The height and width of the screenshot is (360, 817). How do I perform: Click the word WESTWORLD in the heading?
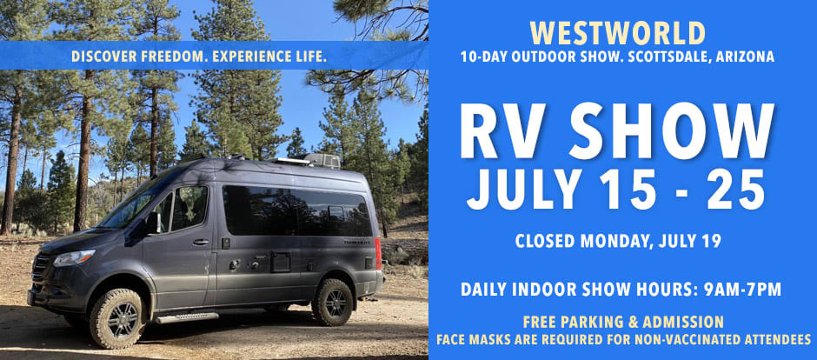click(x=616, y=33)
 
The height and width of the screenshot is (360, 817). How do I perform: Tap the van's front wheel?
click(x=115, y=319)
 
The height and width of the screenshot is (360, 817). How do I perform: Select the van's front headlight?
click(x=74, y=257)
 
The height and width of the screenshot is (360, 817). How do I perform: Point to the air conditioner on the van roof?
click(x=322, y=161)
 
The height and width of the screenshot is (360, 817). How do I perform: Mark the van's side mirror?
click(x=154, y=223)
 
